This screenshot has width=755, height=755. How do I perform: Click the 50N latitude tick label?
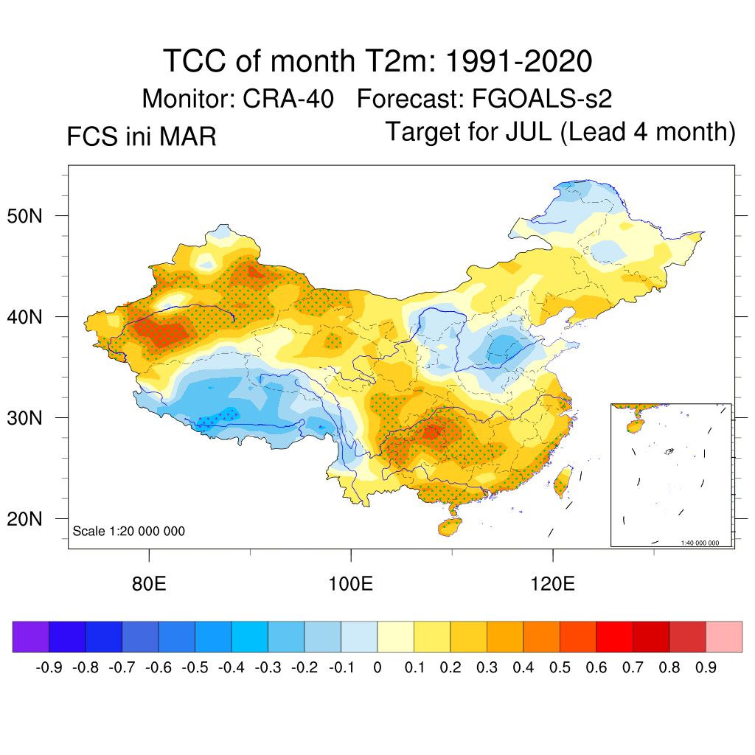point(30,216)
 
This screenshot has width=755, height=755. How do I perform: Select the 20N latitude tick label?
point(30,519)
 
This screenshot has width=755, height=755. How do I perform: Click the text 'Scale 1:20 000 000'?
point(129,532)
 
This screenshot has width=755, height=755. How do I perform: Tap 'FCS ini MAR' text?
point(141,136)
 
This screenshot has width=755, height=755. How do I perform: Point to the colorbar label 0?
point(377,668)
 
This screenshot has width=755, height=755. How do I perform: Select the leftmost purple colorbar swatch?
point(31,637)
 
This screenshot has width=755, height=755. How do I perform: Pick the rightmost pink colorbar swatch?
point(724,637)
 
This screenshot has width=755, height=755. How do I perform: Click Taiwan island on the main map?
point(563,480)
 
